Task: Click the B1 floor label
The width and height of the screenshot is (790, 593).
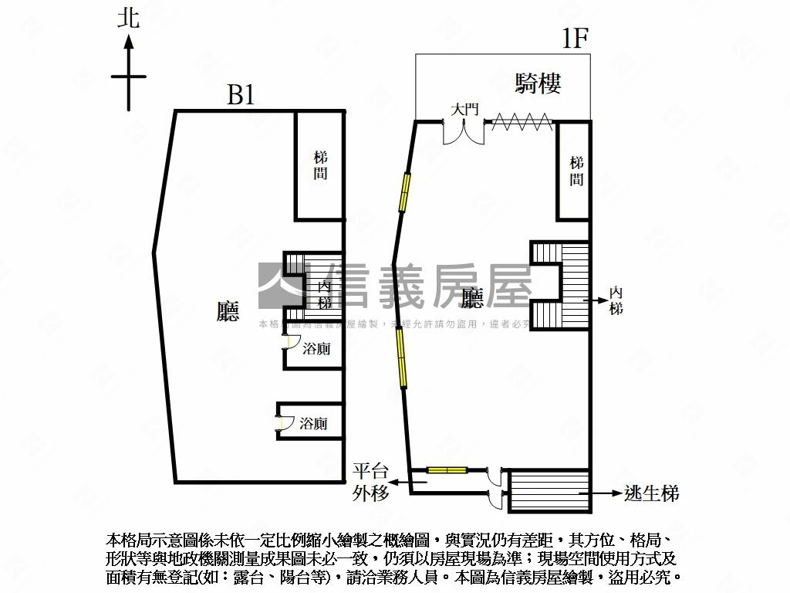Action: point(241,96)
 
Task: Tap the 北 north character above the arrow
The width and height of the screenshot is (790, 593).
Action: point(128,18)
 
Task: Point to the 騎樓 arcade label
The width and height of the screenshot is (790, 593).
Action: point(538,83)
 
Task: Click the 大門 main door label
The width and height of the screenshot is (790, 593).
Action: point(465,110)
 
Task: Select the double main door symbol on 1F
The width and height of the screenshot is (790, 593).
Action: point(464,131)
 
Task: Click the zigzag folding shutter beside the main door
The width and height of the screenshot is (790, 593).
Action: point(522,121)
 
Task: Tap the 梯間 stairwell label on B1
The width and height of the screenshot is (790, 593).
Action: point(320,164)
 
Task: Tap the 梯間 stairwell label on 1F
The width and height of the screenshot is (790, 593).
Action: point(576,171)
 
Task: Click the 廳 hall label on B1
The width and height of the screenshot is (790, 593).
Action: point(228,310)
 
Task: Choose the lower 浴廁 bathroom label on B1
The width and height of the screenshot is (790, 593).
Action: point(313,423)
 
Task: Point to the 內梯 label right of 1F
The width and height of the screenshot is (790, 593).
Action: point(616,300)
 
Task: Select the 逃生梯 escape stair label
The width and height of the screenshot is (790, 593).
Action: point(651,493)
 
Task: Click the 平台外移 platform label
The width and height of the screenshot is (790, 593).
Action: point(371,483)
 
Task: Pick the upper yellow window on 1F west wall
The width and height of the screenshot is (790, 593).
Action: point(403,192)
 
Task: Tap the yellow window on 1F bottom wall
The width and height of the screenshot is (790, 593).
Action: point(447,469)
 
